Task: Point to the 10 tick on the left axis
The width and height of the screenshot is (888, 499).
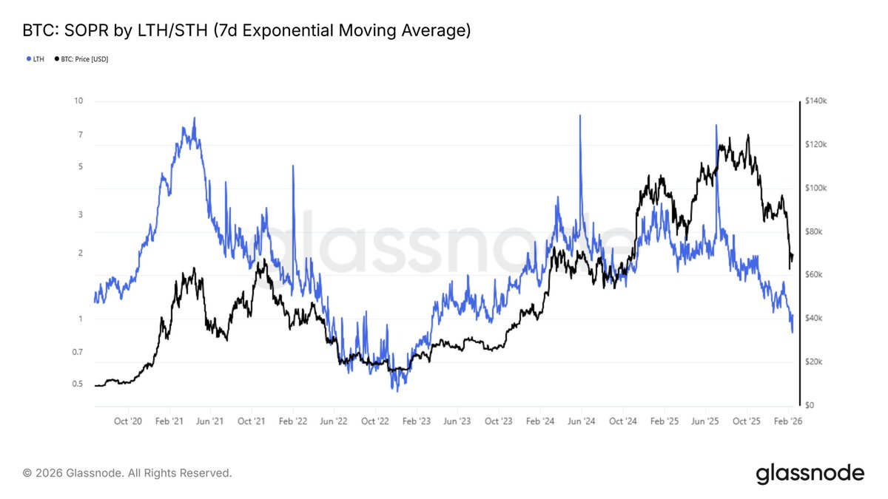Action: tap(78, 101)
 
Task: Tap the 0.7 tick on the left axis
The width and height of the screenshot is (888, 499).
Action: tap(77, 352)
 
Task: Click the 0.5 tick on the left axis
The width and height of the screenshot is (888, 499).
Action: tap(77, 384)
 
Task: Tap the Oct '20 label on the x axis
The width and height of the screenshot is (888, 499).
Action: tap(128, 421)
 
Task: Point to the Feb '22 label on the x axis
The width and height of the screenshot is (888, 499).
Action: tap(292, 421)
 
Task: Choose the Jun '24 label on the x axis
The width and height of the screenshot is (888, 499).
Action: tap(581, 421)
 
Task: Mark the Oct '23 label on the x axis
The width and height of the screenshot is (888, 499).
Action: tap(498, 421)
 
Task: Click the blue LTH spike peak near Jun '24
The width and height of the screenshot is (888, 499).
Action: tap(580, 116)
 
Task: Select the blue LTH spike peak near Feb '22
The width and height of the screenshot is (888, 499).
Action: tap(294, 166)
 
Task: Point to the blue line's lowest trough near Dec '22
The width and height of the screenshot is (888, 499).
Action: tap(397, 390)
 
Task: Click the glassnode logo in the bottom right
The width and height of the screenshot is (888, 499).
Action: tap(810, 473)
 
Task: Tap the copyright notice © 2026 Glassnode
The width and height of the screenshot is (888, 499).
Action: tap(127, 472)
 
